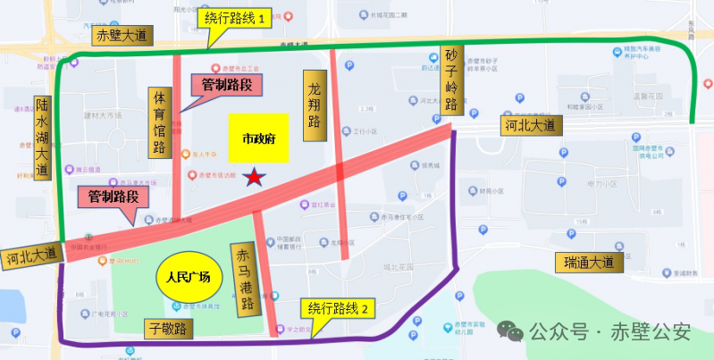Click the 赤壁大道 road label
click(x=123, y=35)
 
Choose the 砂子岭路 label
click(x=451, y=80)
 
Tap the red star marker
click(x=256, y=178)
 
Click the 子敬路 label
click(x=169, y=329)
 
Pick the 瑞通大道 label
click(x=590, y=263)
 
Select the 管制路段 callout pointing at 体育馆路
click(x=227, y=86)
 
